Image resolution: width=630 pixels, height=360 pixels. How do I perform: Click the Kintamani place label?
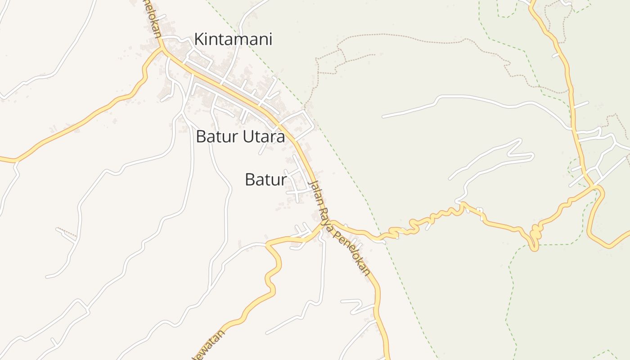tap(233, 40)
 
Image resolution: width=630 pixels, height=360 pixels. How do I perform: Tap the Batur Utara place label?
tap(240, 137)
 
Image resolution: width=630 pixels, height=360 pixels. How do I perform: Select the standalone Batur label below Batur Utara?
tap(265, 180)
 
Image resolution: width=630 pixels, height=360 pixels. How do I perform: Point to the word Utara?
tap(264, 137)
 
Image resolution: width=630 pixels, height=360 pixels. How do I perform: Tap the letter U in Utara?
tap(248, 137)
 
